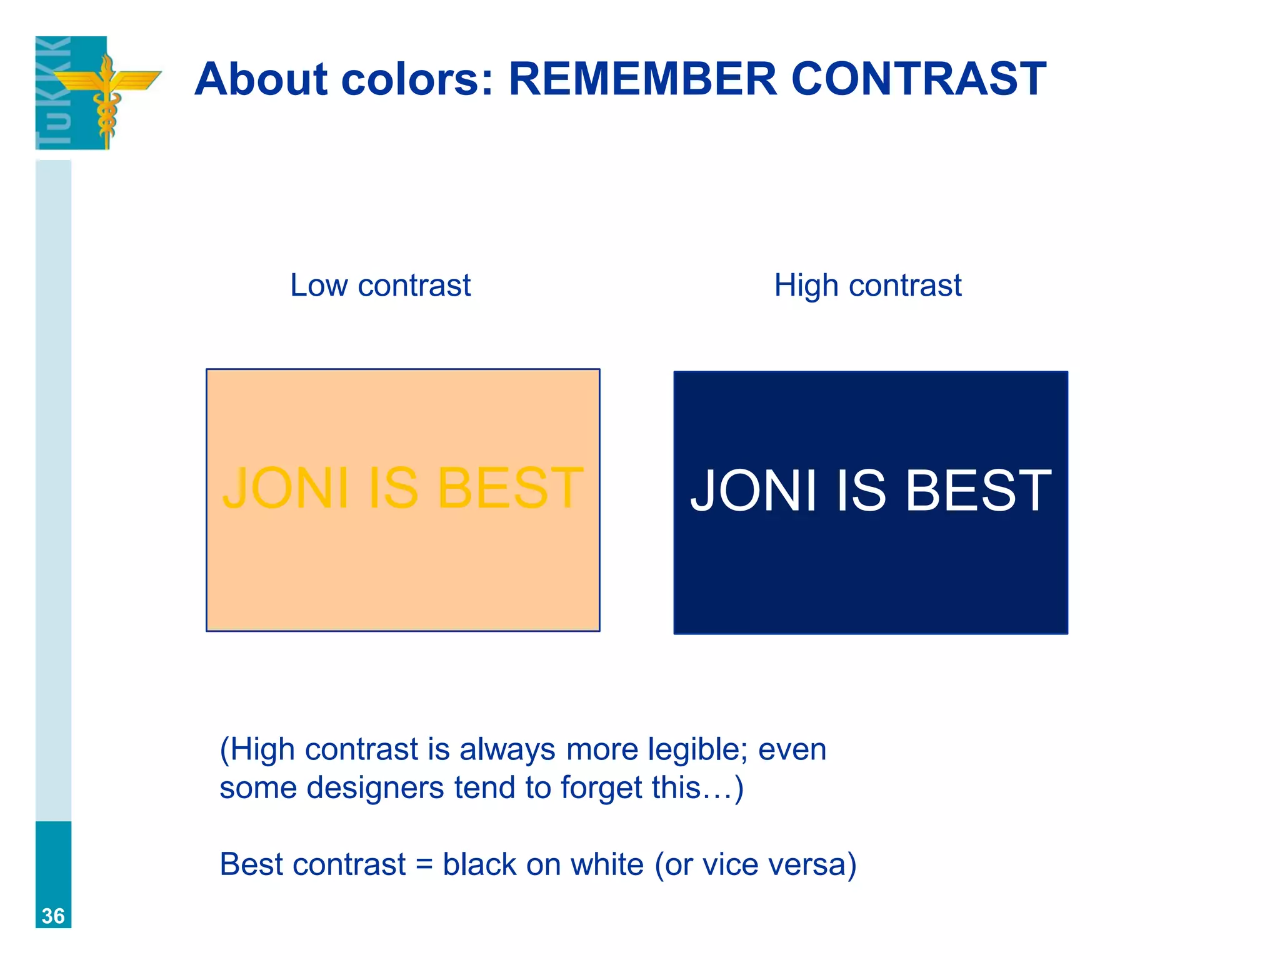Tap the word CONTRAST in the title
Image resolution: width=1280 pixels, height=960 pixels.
(x=918, y=79)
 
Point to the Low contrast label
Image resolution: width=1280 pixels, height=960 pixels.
(x=380, y=286)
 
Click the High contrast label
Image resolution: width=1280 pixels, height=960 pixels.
(x=867, y=286)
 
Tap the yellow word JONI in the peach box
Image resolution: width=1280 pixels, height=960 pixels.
(x=286, y=488)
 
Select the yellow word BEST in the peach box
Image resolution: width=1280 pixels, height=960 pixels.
(x=510, y=488)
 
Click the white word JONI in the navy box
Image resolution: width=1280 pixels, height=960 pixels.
(x=753, y=491)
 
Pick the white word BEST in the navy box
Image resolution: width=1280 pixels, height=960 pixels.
(x=978, y=491)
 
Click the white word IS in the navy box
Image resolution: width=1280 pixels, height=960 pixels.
(x=861, y=491)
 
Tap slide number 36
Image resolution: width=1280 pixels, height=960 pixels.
(x=53, y=916)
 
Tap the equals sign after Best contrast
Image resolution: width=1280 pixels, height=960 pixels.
(x=424, y=865)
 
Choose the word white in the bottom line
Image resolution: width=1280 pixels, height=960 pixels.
(x=607, y=865)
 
